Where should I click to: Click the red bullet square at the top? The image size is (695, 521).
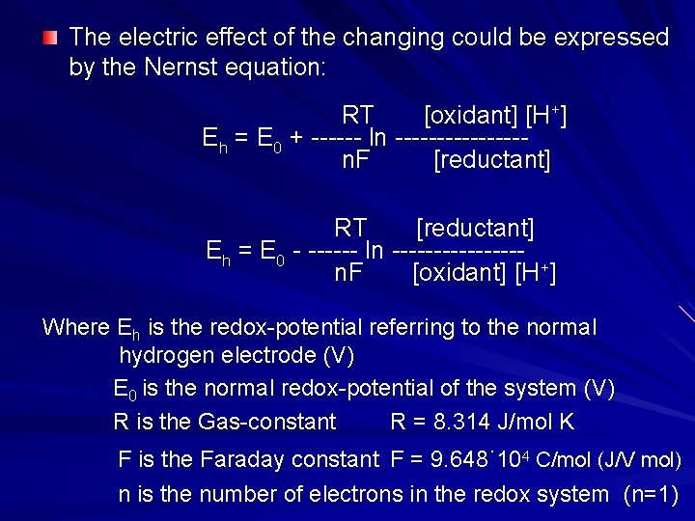tap(50, 39)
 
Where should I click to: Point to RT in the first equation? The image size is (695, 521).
tap(357, 116)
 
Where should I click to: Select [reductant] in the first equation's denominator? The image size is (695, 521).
tap(492, 160)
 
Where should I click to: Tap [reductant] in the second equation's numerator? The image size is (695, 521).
tap(475, 229)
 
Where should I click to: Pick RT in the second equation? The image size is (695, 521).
tap(350, 229)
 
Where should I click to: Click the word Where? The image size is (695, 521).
tap(76, 327)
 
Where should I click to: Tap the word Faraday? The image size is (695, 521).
tap(239, 460)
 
